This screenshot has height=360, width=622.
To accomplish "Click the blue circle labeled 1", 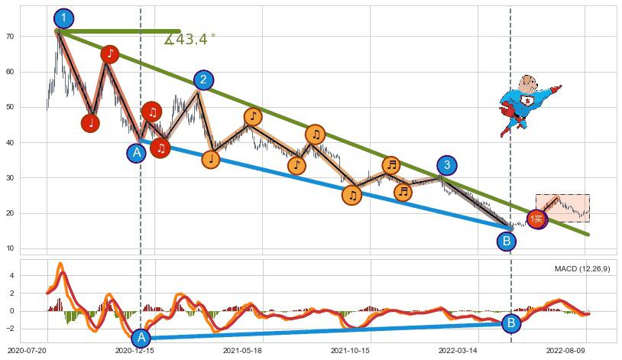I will click(x=64, y=18).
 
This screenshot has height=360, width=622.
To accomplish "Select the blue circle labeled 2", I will click(x=203, y=79).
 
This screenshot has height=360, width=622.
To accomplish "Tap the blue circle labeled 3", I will click(x=448, y=165).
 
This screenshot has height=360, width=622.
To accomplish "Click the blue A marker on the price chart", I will click(x=137, y=153).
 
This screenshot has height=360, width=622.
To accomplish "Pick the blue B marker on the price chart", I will click(x=506, y=242).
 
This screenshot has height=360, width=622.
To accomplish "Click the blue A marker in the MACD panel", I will click(x=141, y=338).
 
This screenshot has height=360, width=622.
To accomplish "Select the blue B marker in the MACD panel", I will click(x=511, y=323).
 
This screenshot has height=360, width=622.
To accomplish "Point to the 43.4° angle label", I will click(x=190, y=39).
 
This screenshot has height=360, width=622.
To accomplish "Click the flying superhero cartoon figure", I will click(x=527, y=104).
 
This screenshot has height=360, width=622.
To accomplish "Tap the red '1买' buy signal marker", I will click(x=537, y=220).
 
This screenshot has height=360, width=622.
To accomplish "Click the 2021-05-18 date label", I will click(x=242, y=350).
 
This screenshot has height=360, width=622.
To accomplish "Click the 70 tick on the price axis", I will click(x=32, y=37).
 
